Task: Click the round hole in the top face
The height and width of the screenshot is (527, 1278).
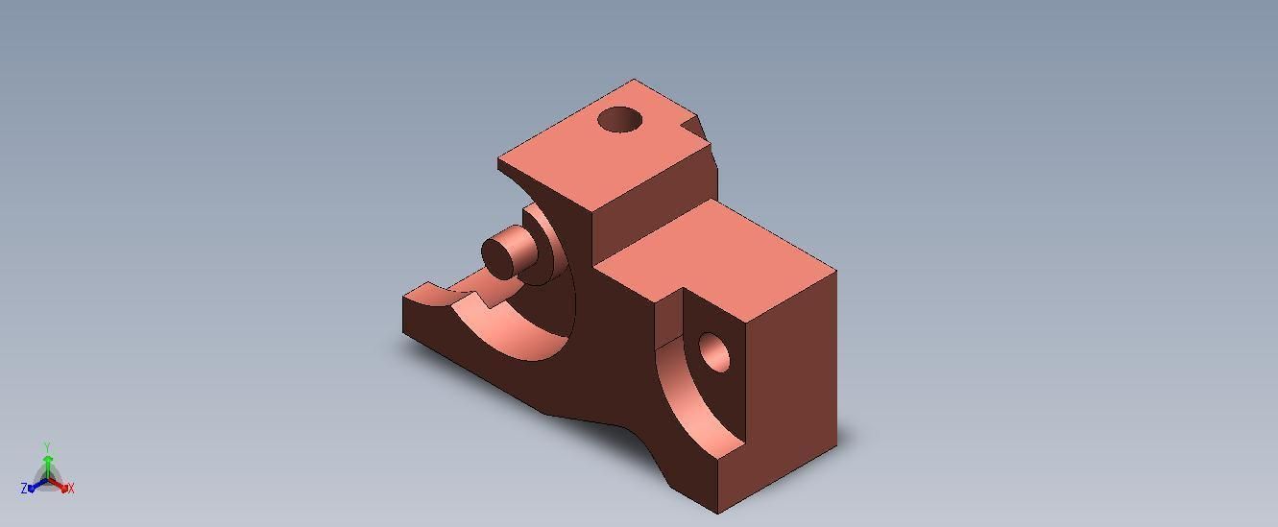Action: [619, 120]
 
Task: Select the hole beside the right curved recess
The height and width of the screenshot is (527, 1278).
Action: [714, 353]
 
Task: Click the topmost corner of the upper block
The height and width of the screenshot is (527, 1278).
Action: [634, 80]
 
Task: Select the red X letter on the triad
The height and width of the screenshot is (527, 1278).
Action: [71, 489]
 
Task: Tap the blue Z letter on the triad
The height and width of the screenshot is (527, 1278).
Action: [24, 490]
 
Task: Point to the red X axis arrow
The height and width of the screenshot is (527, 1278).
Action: [60, 486]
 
